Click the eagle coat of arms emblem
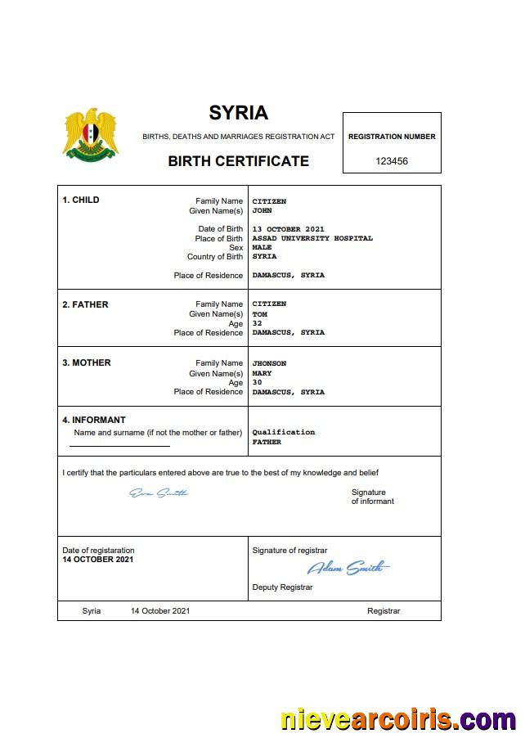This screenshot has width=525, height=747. coord(91,133)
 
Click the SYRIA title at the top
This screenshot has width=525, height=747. coord(238,113)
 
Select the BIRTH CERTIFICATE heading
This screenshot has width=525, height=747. coord(238,161)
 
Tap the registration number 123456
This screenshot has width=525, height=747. coord(392,161)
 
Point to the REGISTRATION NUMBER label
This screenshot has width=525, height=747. coord(392,137)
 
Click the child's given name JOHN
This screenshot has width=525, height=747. coord(262,211)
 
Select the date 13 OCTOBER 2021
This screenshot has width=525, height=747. coord(289,229)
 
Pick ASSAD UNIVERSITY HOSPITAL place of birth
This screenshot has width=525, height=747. coord(312,239)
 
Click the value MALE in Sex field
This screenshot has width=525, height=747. coord(262,248)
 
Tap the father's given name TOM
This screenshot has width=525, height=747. coord(260,314)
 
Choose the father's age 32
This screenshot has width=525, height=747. coord(257,323)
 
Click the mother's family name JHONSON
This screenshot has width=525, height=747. coord(269,363)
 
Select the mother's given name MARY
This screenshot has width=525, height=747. coord(262,374)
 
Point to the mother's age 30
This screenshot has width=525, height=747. coord(257,383)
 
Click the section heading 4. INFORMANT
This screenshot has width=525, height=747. coord(94,421)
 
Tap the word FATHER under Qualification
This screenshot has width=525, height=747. coord(267,442)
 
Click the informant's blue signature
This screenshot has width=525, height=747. coord(159,493)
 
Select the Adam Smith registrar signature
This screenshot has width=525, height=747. coord(348,568)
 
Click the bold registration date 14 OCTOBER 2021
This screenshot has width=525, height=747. coord(98,560)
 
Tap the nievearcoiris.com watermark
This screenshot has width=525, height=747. coord(398,720)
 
